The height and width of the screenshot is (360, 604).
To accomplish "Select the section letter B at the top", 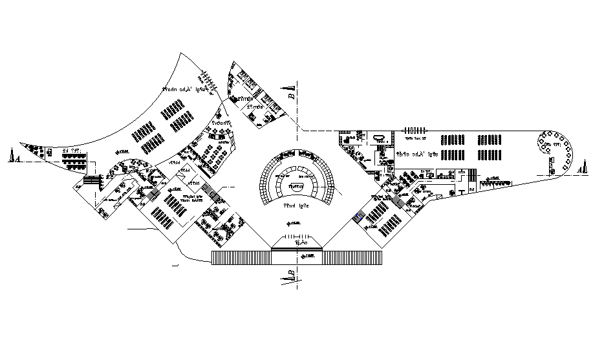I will [x=291, y=96].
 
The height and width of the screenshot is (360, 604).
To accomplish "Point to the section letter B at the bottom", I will [x=292, y=276].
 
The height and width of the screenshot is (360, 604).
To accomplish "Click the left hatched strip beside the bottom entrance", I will [x=241, y=257].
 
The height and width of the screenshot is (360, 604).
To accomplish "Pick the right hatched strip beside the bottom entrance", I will [x=352, y=257].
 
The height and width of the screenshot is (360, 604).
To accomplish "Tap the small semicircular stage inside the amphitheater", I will [x=297, y=186].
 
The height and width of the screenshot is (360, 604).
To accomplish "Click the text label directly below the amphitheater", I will [x=297, y=206].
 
